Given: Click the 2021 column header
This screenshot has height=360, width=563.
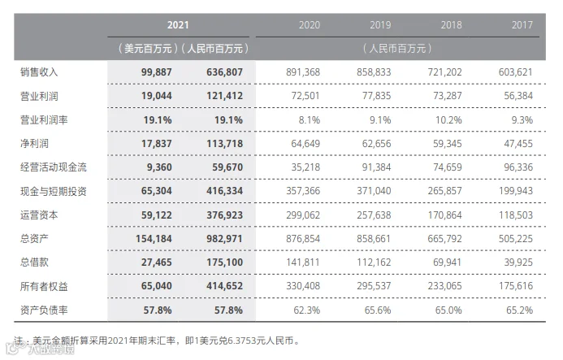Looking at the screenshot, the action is point(178,25).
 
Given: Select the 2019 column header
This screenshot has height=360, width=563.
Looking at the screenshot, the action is point(380,25).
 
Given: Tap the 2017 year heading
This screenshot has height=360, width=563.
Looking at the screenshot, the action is point(522,25).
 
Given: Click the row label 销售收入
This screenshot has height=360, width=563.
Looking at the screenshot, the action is point(39,72).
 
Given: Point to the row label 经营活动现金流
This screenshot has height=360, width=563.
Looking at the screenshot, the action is point(53,167).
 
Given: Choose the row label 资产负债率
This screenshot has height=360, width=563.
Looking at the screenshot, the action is point(44,310).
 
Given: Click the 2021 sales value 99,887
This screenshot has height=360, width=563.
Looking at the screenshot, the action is point(156,72).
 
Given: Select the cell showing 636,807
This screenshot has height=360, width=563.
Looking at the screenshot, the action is point(224,72).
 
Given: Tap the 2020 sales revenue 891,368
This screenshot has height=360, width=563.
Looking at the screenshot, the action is point(303,72).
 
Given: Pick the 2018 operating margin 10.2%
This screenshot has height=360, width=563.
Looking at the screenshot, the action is point(448,119).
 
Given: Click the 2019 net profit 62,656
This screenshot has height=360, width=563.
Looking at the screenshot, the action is point(376,143).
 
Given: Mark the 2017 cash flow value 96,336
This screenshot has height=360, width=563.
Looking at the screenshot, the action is point(518,167).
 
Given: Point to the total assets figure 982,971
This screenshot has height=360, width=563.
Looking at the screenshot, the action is point(224,239).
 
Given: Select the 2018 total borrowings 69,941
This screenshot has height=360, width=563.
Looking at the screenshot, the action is point(447,262).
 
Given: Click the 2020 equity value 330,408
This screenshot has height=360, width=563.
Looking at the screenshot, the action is point(303,286).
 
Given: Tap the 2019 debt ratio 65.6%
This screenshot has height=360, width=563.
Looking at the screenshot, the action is point(378,310).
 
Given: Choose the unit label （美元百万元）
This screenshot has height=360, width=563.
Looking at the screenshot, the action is point(148,49).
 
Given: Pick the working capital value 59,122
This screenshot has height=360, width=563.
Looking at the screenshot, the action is point(156,215).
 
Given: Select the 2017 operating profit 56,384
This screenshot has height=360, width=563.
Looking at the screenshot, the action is point(518,96).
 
